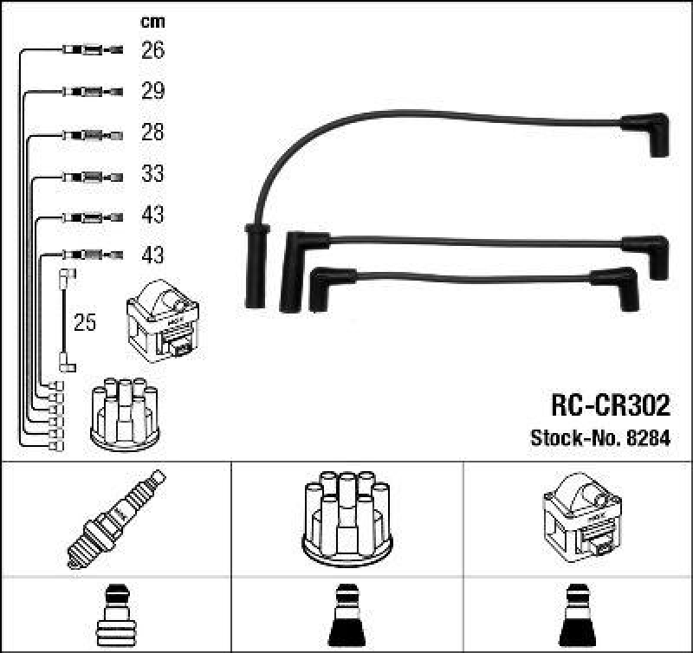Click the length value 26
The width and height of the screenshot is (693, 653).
pos(152,51)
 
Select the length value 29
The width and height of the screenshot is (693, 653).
pos(152,92)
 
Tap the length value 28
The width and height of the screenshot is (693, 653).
pos(152,133)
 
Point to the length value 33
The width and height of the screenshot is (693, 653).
pos(152,174)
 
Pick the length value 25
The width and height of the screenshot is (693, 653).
pos(85,324)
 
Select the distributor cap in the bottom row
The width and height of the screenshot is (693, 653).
pos(346,516)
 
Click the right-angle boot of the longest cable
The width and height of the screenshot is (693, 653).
pos(648,133)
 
